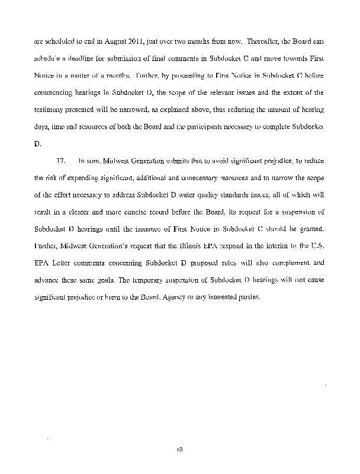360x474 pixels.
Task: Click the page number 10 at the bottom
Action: [179, 450]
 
